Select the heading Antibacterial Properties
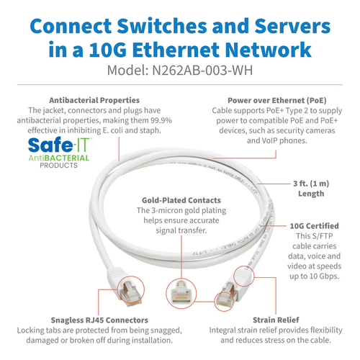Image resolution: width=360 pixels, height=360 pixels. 94,99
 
